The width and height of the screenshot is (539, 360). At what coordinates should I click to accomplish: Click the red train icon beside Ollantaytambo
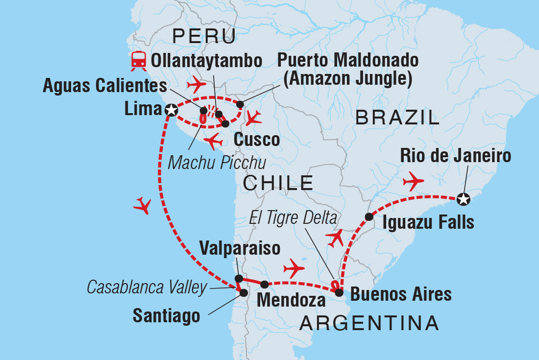138,60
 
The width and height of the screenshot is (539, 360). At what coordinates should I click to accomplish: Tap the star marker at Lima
171,110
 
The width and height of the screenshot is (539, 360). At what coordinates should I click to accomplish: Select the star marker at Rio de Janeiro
463,199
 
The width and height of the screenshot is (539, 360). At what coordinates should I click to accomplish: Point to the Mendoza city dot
264,284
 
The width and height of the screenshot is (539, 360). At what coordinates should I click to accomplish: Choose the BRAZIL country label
397,118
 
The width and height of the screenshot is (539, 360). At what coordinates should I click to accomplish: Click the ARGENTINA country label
369,323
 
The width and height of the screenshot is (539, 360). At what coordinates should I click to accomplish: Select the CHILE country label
278,183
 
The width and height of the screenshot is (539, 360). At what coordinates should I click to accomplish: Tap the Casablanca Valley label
147,288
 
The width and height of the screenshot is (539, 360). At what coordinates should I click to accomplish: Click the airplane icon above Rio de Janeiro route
413,182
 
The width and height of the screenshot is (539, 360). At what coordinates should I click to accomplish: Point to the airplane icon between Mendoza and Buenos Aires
294,268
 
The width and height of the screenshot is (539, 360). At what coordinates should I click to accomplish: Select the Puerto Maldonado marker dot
240,104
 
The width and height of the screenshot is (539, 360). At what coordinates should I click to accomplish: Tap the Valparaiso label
240,248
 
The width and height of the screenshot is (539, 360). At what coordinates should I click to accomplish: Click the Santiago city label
166,315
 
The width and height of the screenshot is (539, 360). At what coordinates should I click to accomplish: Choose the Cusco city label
256,139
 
